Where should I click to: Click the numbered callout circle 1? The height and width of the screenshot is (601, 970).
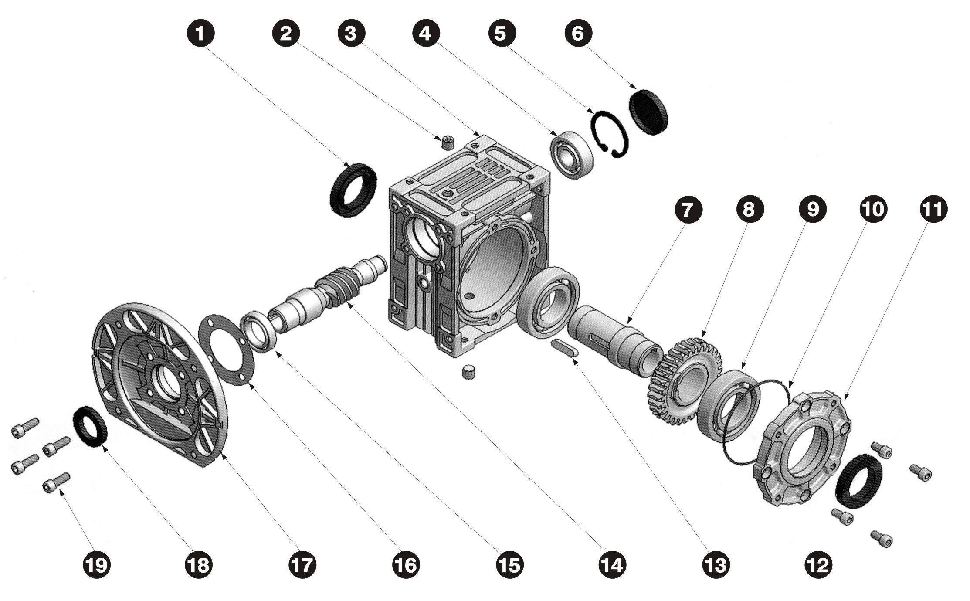[x=200, y=33]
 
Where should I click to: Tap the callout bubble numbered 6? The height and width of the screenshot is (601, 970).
[x=578, y=33]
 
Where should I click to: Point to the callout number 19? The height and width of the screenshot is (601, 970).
[x=97, y=565]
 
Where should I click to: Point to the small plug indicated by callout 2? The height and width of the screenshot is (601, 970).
[x=446, y=142]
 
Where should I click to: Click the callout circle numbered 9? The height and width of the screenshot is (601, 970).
[x=812, y=210]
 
